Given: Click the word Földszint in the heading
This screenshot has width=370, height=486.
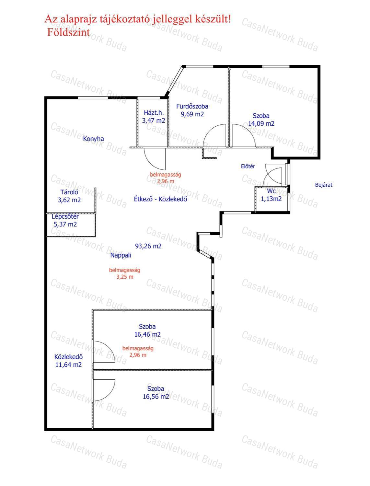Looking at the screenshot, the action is pyautogui.click(x=68, y=32).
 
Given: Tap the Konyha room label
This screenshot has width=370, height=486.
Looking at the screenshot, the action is pyautogui.click(x=93, y=139).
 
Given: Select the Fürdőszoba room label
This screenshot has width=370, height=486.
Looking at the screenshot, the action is pyautogui.click(x=192, y=106).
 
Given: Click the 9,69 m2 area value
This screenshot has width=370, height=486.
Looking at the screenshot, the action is pyautogui.click(x=192, y=114).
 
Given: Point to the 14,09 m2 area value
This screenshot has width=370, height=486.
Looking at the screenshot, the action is pyautogui.click(x=261, y=123).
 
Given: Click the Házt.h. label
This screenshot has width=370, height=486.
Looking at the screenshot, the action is pyautogui.click(x=154, y=113).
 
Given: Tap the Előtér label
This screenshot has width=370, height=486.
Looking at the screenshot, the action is pyautogui.click(x=248, y=166).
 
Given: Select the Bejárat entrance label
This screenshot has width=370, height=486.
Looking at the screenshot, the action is pyautogui.click(x=323, y=185).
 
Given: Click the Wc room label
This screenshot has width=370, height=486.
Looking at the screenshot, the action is pyautogui.click(x=271, y=191).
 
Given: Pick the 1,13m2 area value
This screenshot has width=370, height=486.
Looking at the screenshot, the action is pyautogui.click(x=271, y=199).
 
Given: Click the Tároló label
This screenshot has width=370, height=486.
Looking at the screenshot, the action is pyautogui.click(x=69, y=192).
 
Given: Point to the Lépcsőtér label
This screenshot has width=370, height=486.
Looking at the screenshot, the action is pyautogui.click(x=65, y=216).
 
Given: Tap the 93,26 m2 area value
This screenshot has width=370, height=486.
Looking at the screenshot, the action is pyautogui.click(x=148, y=246).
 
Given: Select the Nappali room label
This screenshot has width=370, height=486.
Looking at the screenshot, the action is pyautogui.click(x=121, y=255).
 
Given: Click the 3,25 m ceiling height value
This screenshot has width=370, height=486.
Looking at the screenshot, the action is pyautogui.click(x=125, y=277).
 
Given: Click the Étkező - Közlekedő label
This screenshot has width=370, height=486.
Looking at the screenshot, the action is pyautogui.click(x=160, y=199).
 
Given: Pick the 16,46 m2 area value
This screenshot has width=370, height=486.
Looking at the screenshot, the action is pyautogui.click(x=147, y=334).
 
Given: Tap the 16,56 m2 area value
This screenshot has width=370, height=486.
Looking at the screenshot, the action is pyautogui.click(x=156, y=396).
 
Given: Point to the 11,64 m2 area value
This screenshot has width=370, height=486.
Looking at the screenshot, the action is pyautogui.click(x=68, y=365).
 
